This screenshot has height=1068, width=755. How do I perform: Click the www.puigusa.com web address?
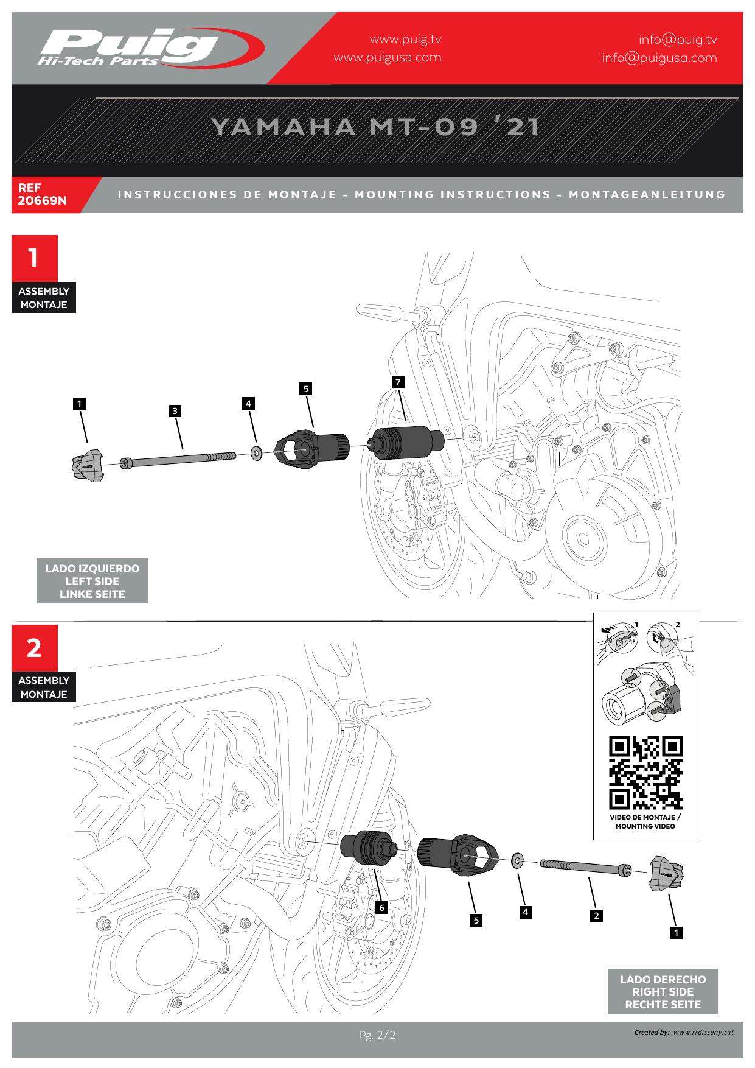coord(388,58)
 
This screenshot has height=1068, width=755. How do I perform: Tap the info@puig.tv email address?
coord(678,40)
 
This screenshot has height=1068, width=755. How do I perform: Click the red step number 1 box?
coord(34,258)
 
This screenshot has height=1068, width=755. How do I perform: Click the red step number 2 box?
coord(34,648)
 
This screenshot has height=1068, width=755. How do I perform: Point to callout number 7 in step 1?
coord(398,382)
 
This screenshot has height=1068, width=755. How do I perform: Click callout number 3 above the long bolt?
coord(175,411)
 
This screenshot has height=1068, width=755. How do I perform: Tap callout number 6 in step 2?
coord(381,908)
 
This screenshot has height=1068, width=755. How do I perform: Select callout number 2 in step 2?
coord(596,915)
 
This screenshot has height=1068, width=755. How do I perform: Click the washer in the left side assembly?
coord(256,453)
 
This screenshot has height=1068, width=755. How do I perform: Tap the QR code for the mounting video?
coord(645,773)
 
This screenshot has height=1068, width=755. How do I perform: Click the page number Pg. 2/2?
coord(377,1035)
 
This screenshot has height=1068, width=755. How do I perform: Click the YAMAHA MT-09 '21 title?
coord(375,127)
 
